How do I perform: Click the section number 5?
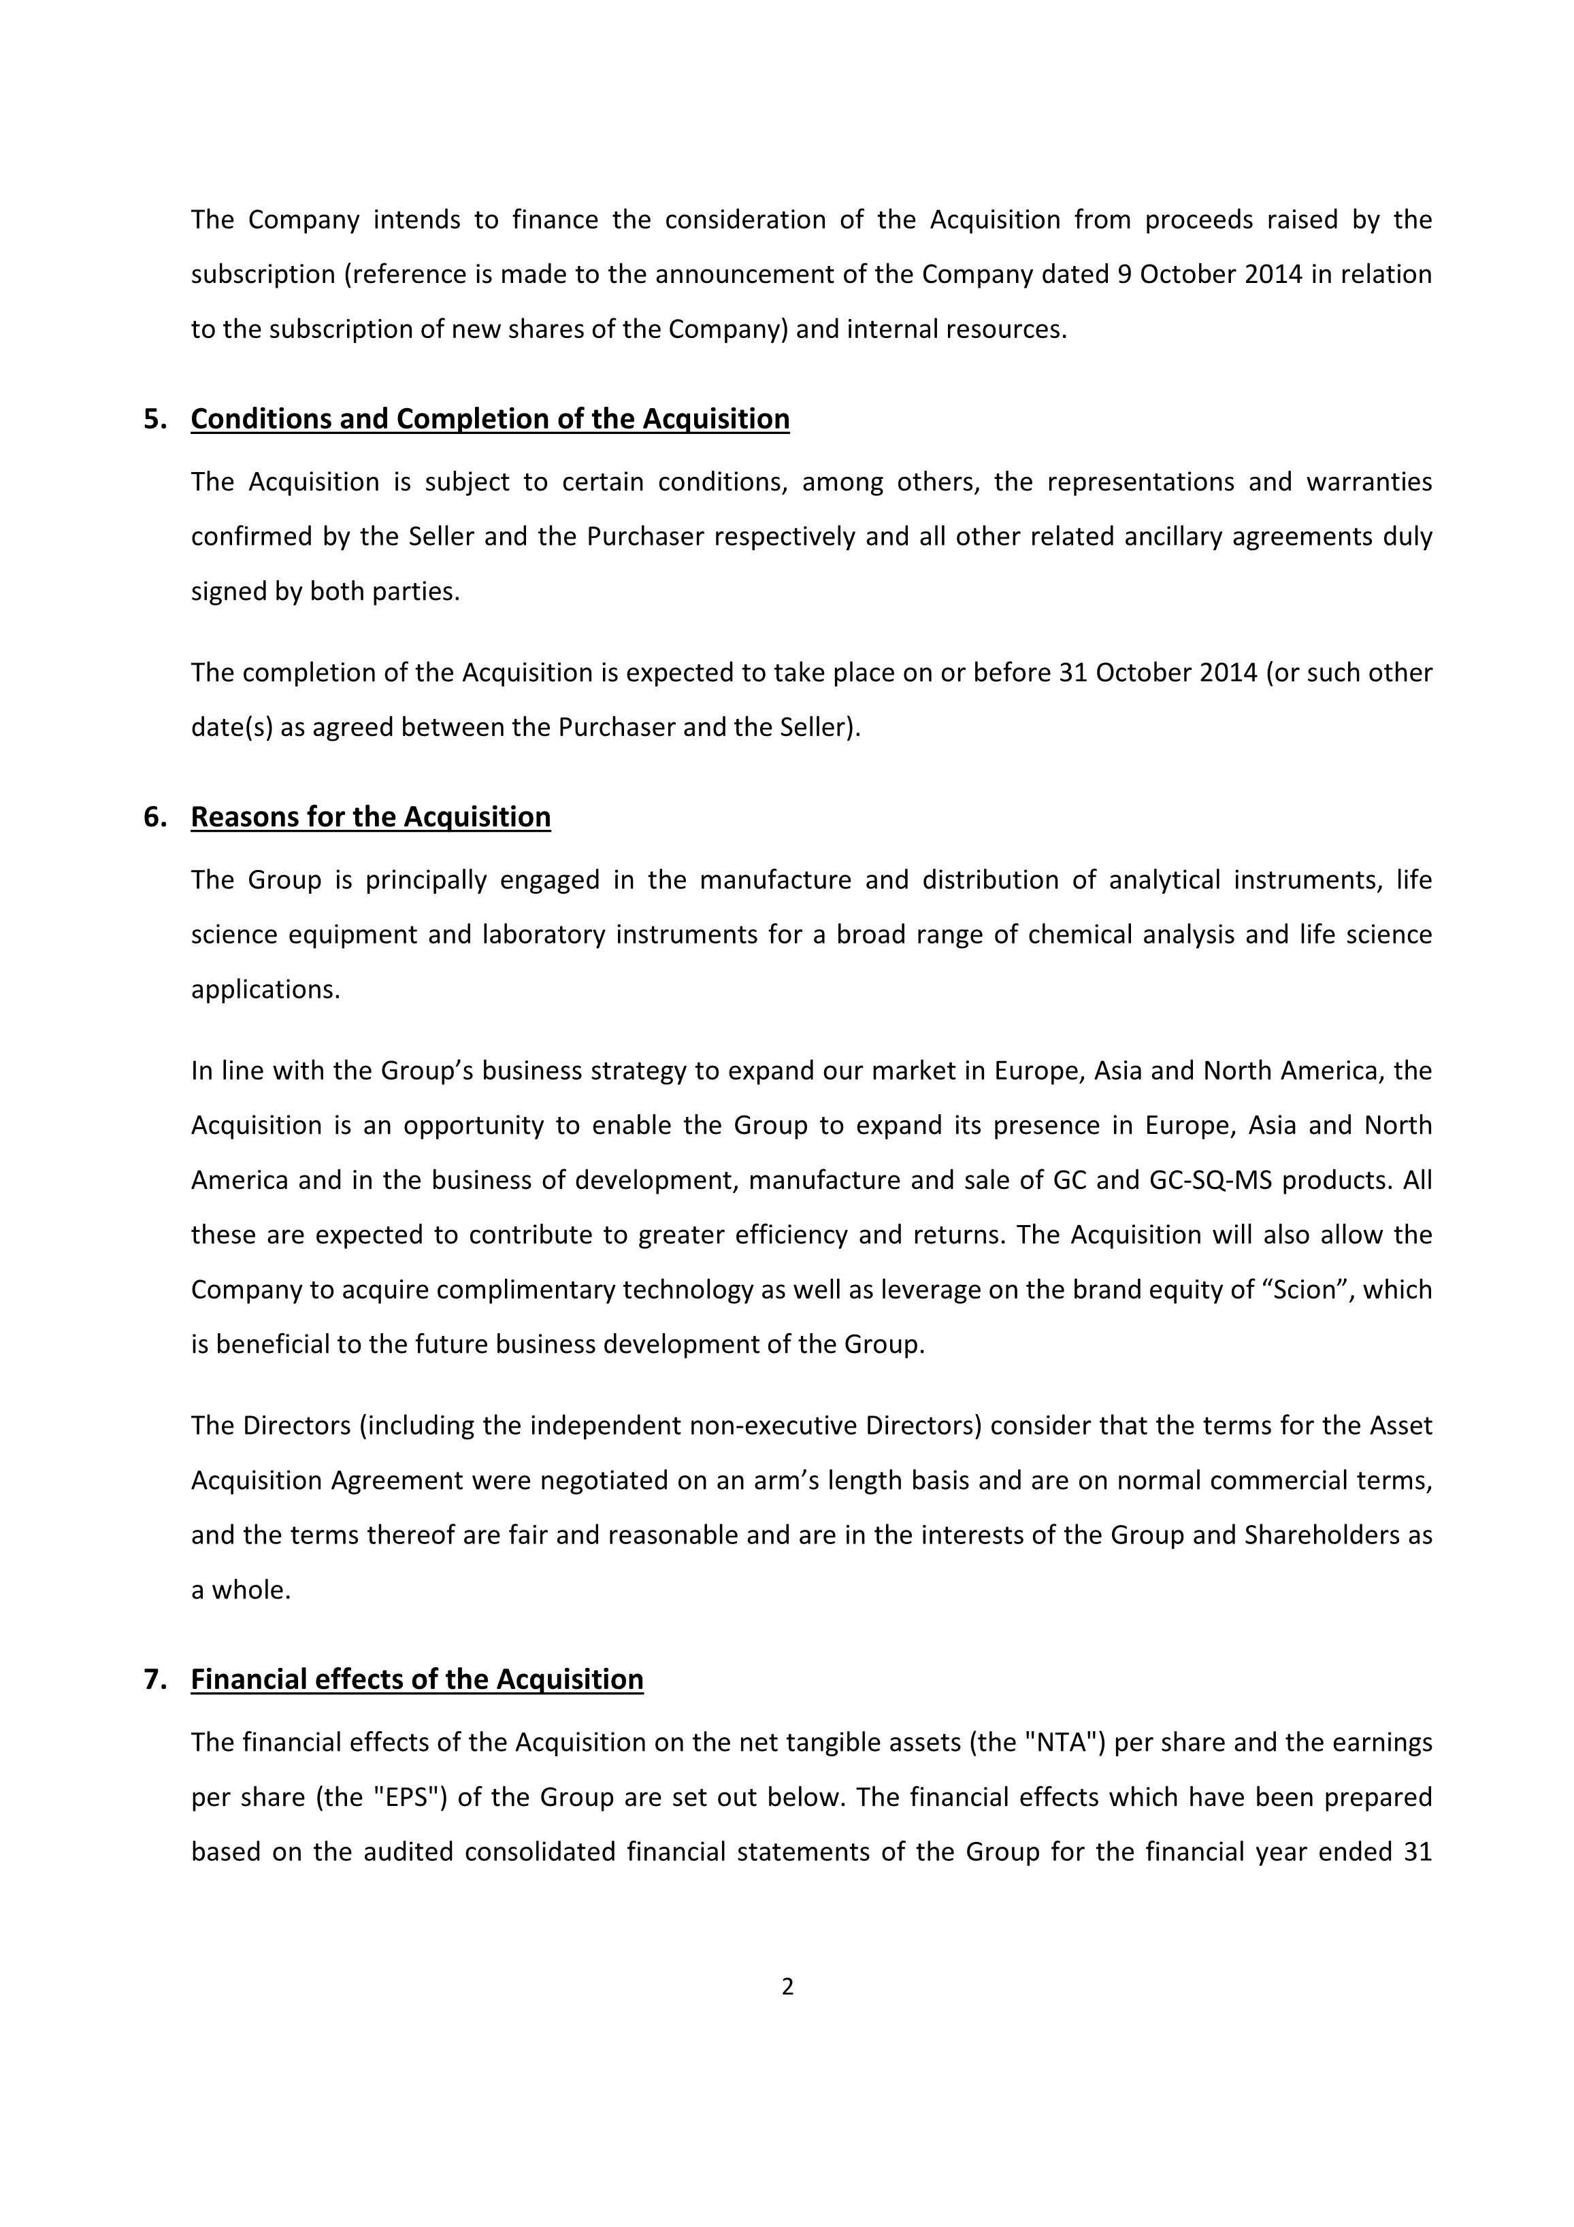click(154, 419)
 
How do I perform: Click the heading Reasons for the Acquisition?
click(371, 817)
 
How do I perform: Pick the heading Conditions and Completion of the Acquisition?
click(490, 419)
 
